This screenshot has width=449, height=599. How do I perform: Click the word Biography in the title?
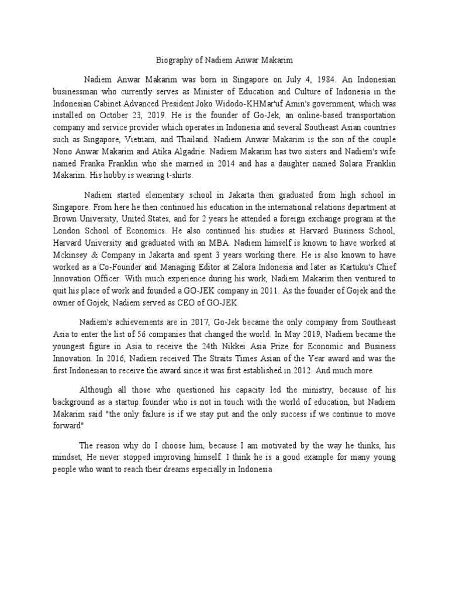point(177,60)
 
